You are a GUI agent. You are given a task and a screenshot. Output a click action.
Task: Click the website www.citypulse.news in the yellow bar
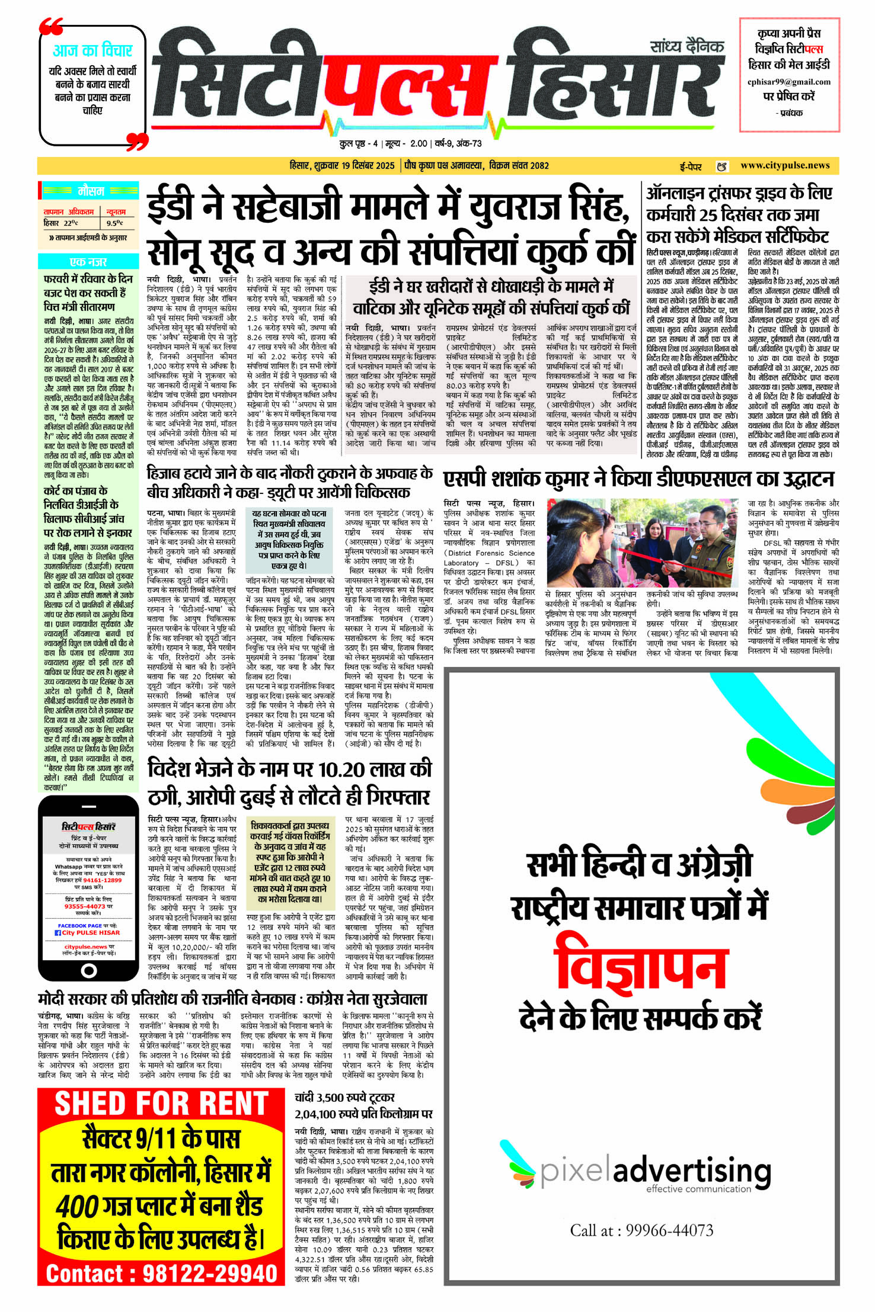tap(784, 166)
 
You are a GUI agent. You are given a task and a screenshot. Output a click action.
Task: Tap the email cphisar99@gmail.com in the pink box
tap(788, 82)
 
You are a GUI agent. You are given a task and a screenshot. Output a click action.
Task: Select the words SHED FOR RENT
tap(161, 1104)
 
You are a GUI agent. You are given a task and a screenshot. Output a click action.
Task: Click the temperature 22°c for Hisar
tap(71, 223)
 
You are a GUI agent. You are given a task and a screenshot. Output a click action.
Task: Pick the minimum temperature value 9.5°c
tap(114, 223)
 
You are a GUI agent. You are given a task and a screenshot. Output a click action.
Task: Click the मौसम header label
tap(91, 191)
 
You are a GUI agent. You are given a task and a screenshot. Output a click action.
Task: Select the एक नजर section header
tap(88, 262)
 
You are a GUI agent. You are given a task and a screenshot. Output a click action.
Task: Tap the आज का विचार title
tap(92, 50)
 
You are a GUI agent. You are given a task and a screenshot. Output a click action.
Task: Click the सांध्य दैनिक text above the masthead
tap(686, 46)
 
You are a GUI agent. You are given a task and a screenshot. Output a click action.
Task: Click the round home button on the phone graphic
tap(88, 970)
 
